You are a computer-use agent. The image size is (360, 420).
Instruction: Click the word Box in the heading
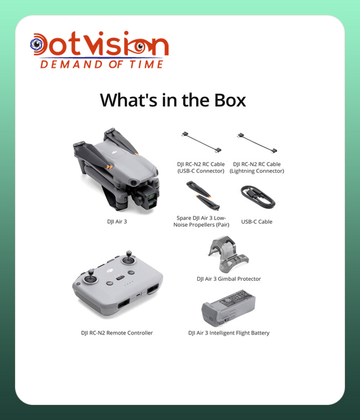(230, 100)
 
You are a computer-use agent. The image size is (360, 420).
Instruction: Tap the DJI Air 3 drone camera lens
(151, 197)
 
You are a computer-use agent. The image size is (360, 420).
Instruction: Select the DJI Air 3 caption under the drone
(117, 221)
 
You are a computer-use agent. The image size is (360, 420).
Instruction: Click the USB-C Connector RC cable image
(202, 142)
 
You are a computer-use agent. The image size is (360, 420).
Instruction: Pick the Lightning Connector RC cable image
(257, 143)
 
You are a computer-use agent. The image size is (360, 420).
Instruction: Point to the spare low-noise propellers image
(203, 195)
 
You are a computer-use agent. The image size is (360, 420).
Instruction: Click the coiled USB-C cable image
(257, 197)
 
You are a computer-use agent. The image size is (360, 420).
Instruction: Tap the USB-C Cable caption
(257, 222)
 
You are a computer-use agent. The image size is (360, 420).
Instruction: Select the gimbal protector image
(228, 254)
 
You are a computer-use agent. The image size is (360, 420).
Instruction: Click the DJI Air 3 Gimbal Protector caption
(229, 279)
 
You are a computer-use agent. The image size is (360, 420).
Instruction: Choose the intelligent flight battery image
(229, 308)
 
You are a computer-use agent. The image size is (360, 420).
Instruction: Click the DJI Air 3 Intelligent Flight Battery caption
(229, 333)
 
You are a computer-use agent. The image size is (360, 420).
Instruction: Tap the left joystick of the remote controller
(91, 277)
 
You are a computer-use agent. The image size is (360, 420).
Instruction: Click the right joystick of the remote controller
(129, 257)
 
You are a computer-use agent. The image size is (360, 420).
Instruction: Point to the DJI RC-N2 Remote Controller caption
(117, 333)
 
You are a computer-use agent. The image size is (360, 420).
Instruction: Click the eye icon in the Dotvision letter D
(37, 44)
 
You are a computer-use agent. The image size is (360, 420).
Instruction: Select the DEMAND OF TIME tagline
(102, 64)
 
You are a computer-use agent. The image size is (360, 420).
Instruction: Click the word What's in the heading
(128, 100)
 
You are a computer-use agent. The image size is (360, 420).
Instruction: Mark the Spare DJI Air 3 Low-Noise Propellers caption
(202, 221)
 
